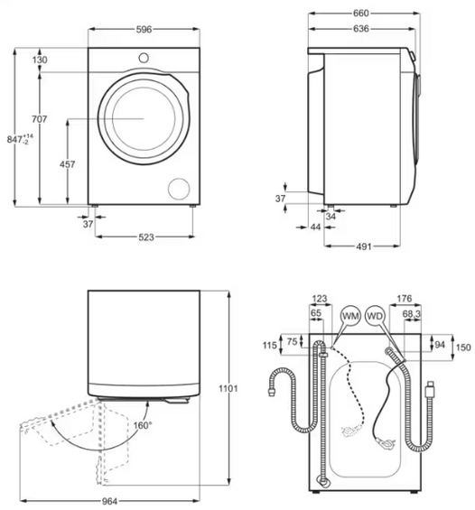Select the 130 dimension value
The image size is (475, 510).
point(41,60)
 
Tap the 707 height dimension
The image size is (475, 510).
point(40,119)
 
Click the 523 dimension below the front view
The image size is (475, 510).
point(145,237)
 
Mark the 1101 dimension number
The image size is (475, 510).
point(228,389)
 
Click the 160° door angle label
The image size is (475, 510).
point(143,424)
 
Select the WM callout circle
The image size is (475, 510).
point(350,317)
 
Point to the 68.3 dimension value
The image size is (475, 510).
point(411,313)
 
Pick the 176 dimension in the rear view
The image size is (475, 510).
point(404,298)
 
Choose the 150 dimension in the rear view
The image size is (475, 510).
point(461,347)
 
